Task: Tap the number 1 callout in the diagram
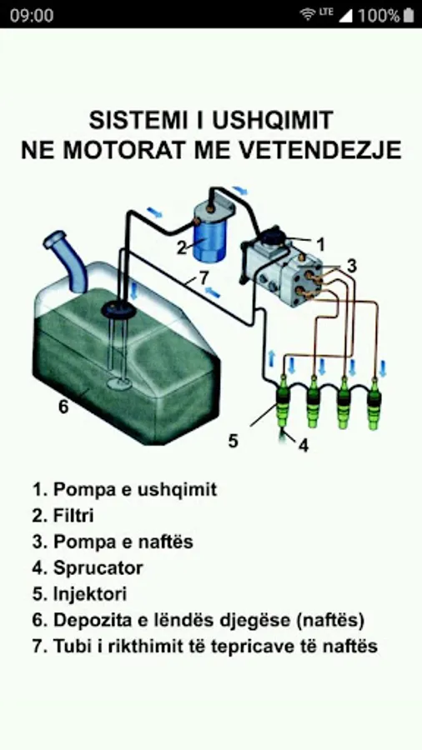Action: (x=321, y=245)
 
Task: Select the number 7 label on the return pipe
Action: (x=203, y=278)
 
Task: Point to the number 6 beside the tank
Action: (x=63, y=407)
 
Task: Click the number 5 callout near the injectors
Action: (x=233, y=441)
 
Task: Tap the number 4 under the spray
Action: (x=304, y=445)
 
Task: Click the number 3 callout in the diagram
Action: (x=352, y=267)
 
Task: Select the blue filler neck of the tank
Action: (x=67, y=261)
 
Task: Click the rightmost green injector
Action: (x=374, y=403)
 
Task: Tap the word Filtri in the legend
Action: (x=73, y=516)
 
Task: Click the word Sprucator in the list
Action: (x=98, y=568)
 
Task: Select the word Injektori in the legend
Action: (x=90, y=594)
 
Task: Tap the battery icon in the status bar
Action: (x=408, y=15)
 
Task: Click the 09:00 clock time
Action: (x=32, y=15)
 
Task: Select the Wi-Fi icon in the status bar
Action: (x=308, y=14)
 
